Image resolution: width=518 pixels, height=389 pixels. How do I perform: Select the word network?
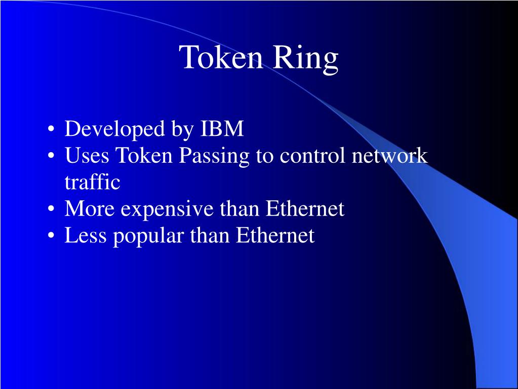390,156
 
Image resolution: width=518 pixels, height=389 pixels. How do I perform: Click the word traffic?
92,183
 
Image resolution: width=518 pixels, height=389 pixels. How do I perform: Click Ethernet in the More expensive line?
305,209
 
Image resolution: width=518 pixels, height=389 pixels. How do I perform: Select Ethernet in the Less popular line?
275,235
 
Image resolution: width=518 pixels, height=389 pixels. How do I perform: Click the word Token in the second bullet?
144,156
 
